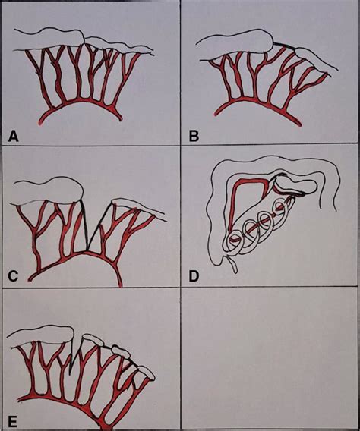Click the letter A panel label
click(x=13, y=136)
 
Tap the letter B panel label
click(x=194, y=136)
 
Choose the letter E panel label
click(x=13, y=418)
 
